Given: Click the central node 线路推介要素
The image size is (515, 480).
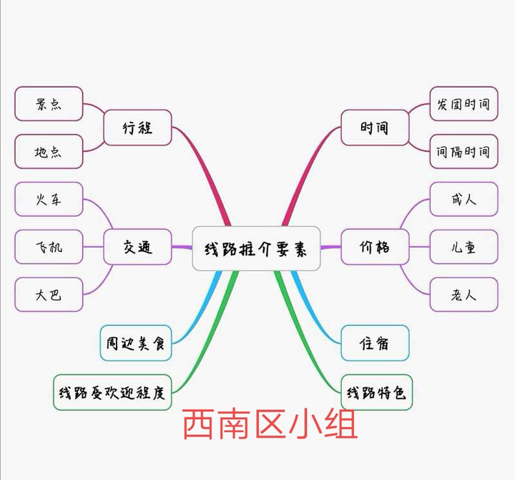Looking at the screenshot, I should click(256, 249).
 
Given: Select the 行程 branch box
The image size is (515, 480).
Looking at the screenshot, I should click(137, 128).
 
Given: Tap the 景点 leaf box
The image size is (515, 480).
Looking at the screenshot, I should click(49, 104).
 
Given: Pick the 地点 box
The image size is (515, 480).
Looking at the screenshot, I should click(49, 151).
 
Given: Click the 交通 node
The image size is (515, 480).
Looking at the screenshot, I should click(137, 248).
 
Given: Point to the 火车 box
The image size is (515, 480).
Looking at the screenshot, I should click(49, 199).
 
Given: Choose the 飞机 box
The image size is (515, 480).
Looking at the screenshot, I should click(49, 247).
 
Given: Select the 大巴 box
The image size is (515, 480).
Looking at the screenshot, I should click(49, 294).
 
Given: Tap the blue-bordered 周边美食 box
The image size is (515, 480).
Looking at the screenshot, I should click(135, 344).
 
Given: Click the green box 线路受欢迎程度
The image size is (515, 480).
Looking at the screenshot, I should click(112, 393).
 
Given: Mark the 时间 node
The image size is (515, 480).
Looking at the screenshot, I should click(375, 128).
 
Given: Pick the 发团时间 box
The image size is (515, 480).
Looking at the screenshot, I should click(463, 104).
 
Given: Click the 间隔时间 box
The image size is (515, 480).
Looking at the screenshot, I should click(463, 151).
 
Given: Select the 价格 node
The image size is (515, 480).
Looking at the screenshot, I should click(375, 248).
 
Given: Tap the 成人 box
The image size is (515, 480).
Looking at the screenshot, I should click(463, 199).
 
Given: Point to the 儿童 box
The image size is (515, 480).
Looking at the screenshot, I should click(463, 247).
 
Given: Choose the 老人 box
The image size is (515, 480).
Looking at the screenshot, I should click(463, 294).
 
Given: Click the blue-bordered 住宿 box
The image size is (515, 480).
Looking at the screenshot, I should click(375, 344).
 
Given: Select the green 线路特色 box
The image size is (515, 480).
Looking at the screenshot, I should click(376, 393).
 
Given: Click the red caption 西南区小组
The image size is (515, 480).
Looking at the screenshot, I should click(270, 425).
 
